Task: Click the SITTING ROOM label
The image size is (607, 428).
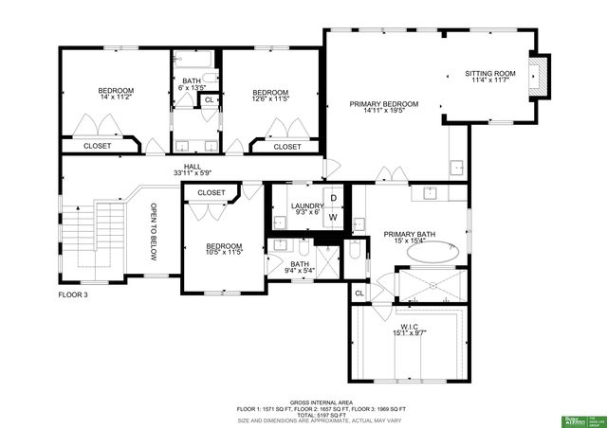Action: click(x=490, y=73)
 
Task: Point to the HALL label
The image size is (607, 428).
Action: click(x=193, y=167)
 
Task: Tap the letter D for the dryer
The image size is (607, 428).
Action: click(x=333, y=198)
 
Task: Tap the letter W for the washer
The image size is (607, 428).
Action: click(x=333, y=217)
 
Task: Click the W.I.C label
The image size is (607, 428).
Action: click(x=411, y=326)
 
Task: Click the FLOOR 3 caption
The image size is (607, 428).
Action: click(x=74, y=295)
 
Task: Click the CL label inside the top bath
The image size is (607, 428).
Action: click(x=210, y=99)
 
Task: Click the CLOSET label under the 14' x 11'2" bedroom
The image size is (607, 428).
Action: click(x=98, y=146)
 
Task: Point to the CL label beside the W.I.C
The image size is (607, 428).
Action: click(x=359, y=294)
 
